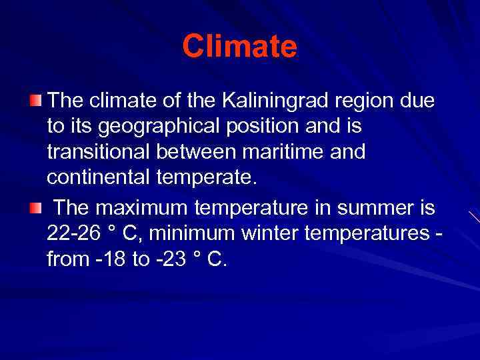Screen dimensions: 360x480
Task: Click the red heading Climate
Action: tap(239, 47)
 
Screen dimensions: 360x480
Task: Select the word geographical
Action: tap(149, 127)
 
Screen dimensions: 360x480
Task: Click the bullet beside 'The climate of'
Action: tap(35, 101)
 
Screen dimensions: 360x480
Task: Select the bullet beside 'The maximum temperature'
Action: tap(35, 209)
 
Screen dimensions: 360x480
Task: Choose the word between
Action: tap(194, 152)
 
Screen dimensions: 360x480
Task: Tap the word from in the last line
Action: tap(66, 259)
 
